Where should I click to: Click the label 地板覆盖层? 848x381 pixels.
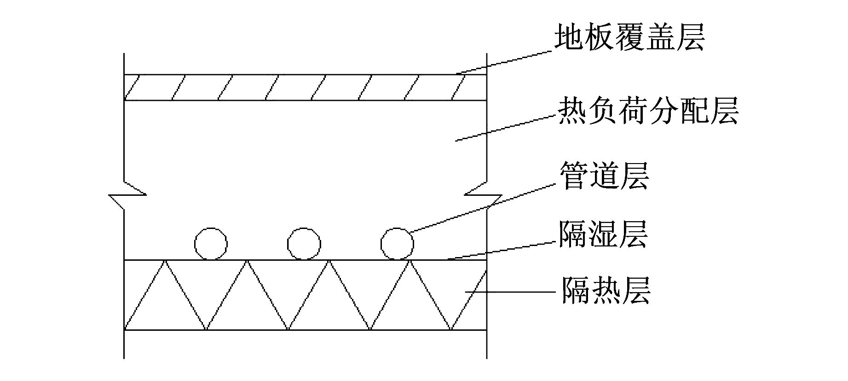point(629,37)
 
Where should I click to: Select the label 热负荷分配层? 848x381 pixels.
point(648,111)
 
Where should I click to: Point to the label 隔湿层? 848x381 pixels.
point(603,234)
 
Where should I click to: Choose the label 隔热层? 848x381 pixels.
point(606,290)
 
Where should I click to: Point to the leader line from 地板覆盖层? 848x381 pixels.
point(505,61)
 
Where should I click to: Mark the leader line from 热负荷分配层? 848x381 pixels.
point(506,128)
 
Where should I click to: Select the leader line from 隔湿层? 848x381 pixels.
point(502,249)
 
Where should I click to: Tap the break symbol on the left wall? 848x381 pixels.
point(127,195)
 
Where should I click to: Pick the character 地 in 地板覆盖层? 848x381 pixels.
point(568,37)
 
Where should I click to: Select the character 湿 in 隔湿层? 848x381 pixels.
point(603,234)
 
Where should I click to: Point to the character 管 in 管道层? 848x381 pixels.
point(574,176)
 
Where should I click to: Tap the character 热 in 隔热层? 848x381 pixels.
point(606,290)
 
